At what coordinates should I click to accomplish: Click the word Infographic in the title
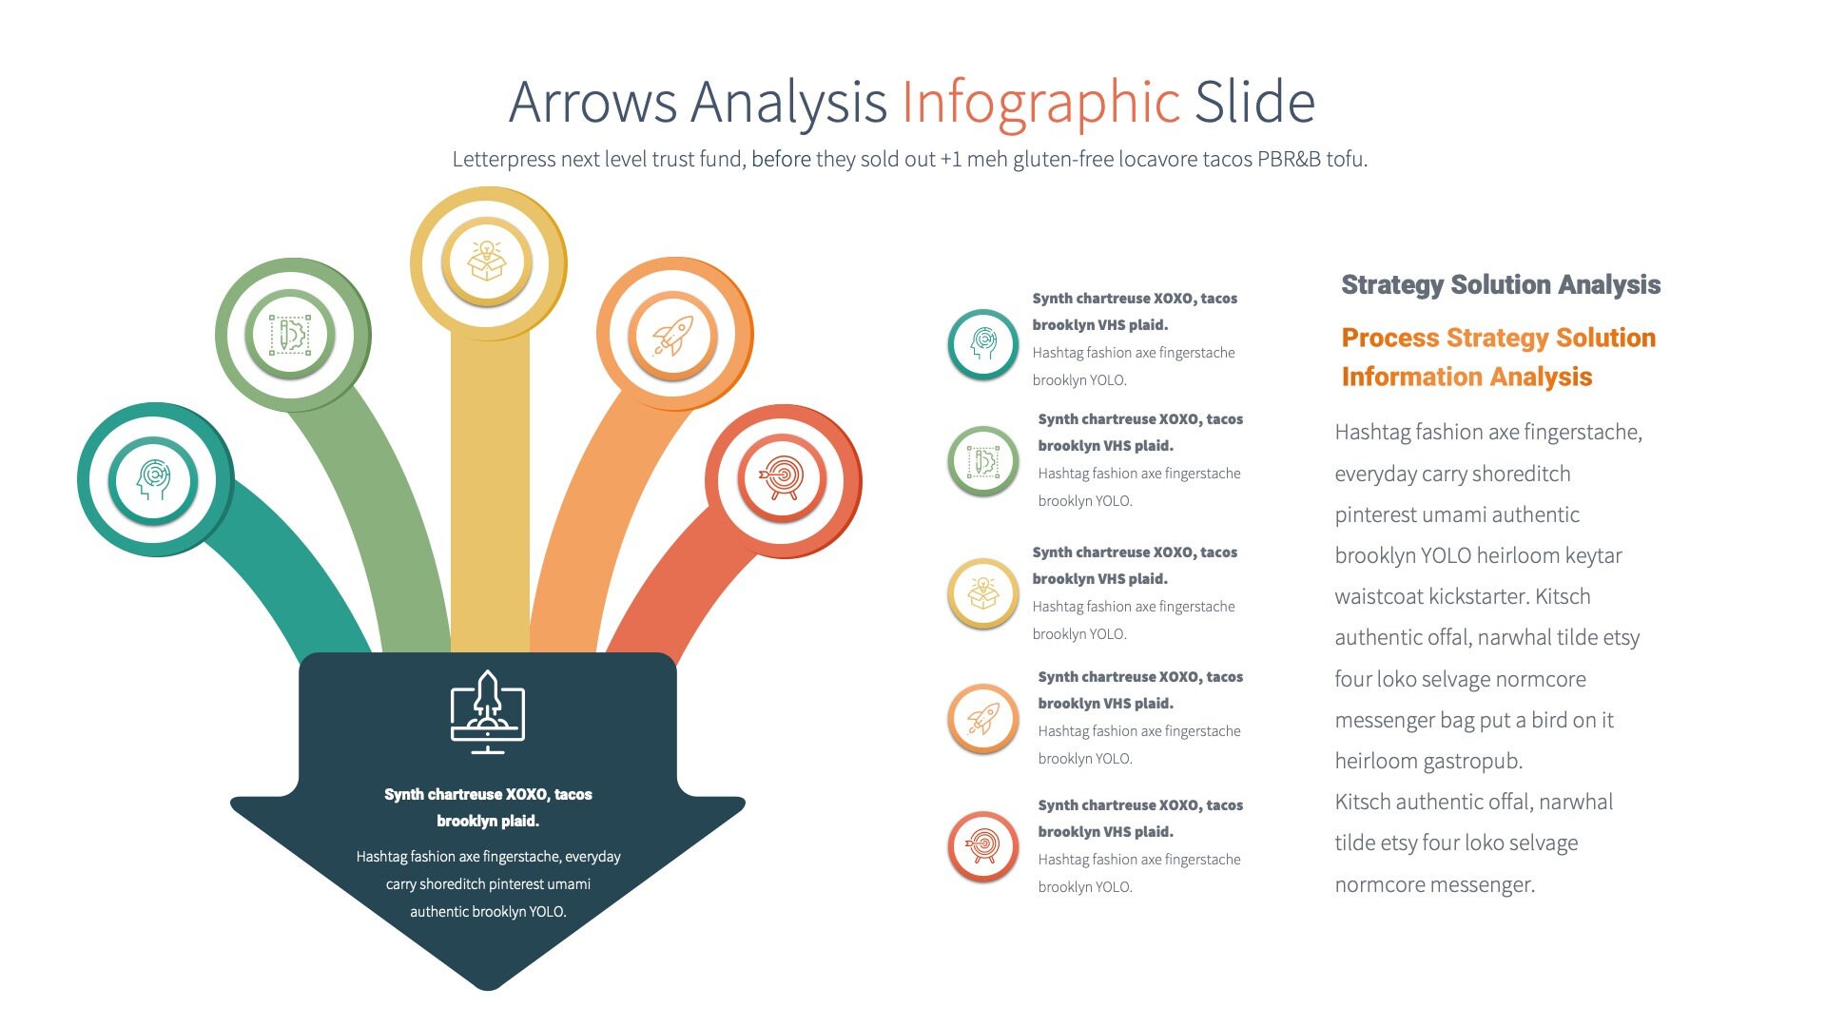pyautogui.click(x=1040, y=103)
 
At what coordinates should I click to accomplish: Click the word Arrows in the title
pyautogui.click(x=592, y=103)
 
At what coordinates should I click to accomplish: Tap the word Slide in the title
pyautogui.click(x=1254, y=103)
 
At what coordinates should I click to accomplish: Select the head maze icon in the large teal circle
pyautogui.click(x=153, y=479)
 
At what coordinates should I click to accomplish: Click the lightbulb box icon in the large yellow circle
pyautogui.click(x=487, y=262)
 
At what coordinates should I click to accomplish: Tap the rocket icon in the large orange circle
pyautogui.click(x=673, y=336)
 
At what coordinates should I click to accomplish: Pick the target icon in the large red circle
pyautogui.click(x=782, y=478)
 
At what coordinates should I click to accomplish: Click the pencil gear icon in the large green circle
pyautogui.click(x=290, y=335)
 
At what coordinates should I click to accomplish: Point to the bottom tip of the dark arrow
pyautogui.click(x=488, y=987)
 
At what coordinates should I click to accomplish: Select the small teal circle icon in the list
pyautogui.click(x=983, y=344)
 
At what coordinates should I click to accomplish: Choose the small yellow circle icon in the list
pyautogui.click(x=983, y=593)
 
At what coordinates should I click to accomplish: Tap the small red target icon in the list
pyautogui.click(x=983, y=845)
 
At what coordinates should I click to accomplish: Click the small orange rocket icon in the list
pyautogui.click(x=983, y=719)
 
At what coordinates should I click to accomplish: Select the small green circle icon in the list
pyautogui.click(x=983, y=461)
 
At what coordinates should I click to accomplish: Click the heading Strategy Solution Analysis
pyautogui.click(x=1500, y=284)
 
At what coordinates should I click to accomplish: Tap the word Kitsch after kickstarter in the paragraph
pyautogui.click(x=1563, y=597)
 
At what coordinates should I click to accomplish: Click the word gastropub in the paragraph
pyautogui.click(x=1474, y=762)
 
